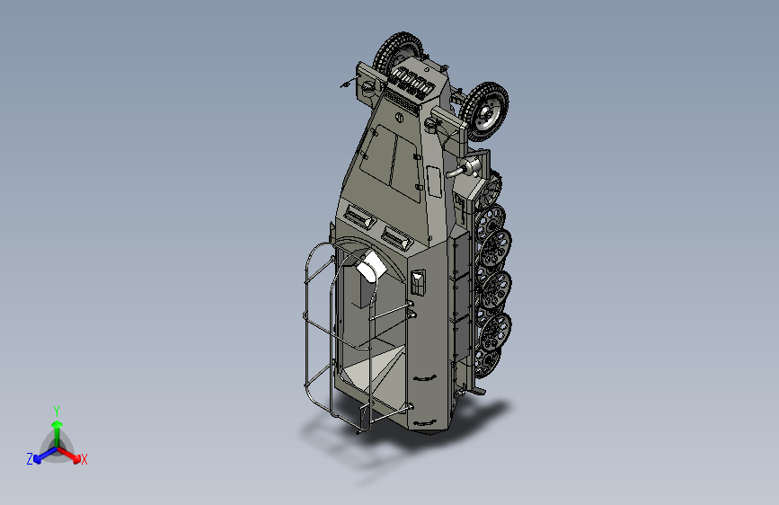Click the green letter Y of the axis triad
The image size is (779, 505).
(x=57, y=411)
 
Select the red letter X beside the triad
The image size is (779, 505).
(x=84, y=459)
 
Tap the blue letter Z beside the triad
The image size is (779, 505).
(x=30, y=459)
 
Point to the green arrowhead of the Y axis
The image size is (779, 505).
(x=58, y=425)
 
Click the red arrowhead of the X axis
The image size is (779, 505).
(x=76, y=457)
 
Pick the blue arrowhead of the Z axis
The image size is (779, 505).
(x=38, y=458)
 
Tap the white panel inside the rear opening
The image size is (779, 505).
(x=371, y=267)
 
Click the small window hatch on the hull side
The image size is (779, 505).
(x=419, y=283)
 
